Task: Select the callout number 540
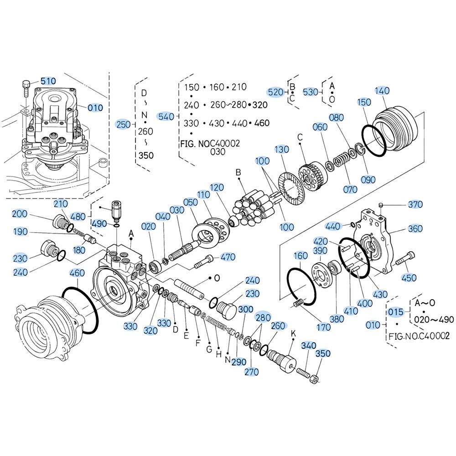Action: coord(166,117)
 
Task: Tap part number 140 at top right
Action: coord(383,91)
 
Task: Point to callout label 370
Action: coord(415,205)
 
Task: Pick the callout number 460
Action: coord(77,273)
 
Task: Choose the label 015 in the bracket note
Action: coord(396,311)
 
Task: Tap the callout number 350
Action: coord(323,353)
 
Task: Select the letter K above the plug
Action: coord(293,333)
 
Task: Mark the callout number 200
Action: coord(20,214)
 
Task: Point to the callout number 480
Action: coord(78,216)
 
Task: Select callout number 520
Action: coord(275,92)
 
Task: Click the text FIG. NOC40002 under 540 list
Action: coord(210,144)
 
